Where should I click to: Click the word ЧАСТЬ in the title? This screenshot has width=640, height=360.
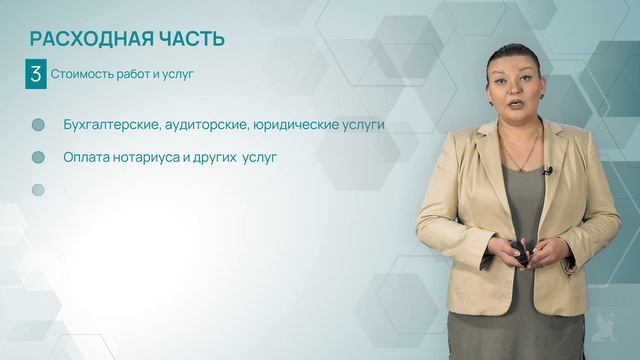pos(190,39)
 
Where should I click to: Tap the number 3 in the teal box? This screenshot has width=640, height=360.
pos(36,73)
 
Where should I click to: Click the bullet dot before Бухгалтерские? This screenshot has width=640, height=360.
pos(39,125)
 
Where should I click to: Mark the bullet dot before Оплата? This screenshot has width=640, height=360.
pos(39,157)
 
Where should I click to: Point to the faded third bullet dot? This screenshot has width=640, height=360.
pos(39,189)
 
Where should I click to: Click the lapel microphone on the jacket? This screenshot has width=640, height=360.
pos(548,171)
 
